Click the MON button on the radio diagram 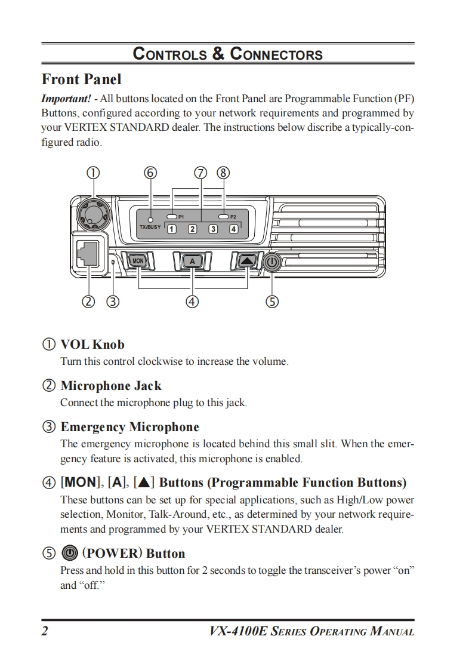tap(138, 261)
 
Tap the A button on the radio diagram tap(192, 261)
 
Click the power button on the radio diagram tap(272, 262)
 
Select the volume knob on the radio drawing tap(91, 213)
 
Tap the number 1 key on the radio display tap(171, 229)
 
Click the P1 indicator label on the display tap(181, 216)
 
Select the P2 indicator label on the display tap(233, 216)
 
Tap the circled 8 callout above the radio tap(223, 173)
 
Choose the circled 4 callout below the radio tap(192, 302)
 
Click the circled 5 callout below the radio tap(272, 302)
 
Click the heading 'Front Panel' tap(81, 79)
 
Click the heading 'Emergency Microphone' tap(129, 427)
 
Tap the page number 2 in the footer tap(45, 631)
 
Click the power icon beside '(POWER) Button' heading tap(70, 553)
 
